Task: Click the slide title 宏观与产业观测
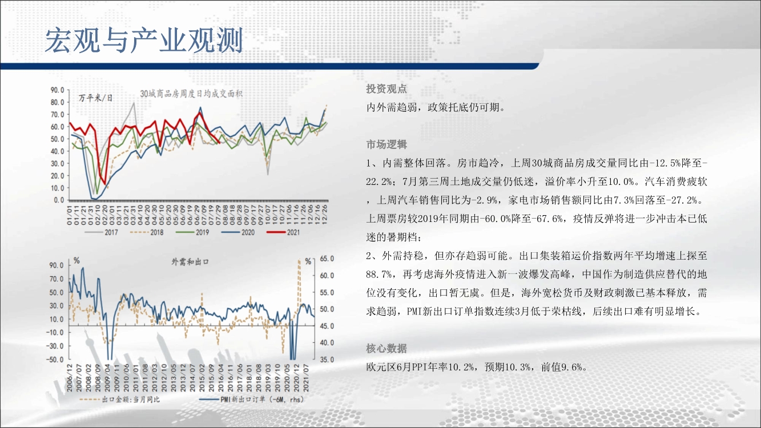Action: (x=144, y=41)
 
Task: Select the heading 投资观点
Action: (x=386, y=88)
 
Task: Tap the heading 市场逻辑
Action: (x=386, y=144)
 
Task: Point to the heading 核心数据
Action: (x=386, y=348)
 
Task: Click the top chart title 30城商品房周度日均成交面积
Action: (x=191, y=94)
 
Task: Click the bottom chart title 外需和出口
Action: (x=190, y=262)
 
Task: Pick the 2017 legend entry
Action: (x=101, y=232)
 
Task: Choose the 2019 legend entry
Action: (x=192, y=232)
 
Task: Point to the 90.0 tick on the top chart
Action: (x=58, y=90)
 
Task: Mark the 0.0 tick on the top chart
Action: (x=59, y=200)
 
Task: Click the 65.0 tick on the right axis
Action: (x=327, y=259)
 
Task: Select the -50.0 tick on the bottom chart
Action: (x=55, y=360)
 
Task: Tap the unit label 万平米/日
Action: (x=95, y=98)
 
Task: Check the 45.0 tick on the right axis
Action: (x=327, y=326)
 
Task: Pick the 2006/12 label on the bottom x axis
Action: (x=70, y=377)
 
